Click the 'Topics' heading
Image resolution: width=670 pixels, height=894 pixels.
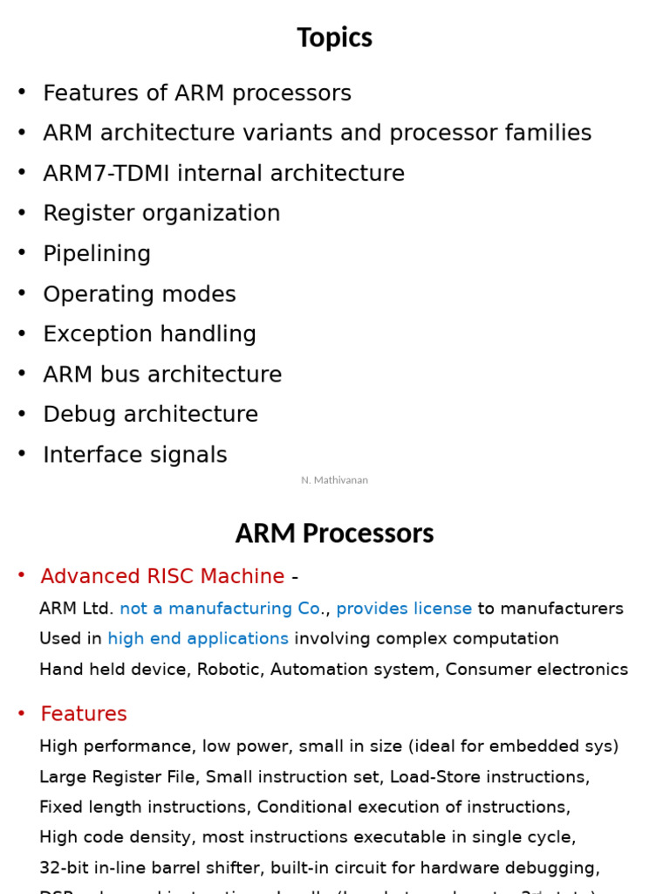point(334,38)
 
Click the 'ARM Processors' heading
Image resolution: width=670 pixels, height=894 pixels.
point(334,533)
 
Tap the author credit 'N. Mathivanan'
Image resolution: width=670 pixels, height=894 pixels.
point(334,480)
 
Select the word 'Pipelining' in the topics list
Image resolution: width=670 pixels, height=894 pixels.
point(97,254)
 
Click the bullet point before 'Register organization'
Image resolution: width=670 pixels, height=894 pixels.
point(22,213)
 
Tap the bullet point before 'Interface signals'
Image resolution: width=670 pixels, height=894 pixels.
point(22,454)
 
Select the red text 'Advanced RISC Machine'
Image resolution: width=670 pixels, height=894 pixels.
point(162,577)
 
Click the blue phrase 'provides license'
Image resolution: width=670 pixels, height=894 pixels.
point(404,609)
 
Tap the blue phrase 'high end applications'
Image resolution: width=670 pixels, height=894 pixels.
point(198,639)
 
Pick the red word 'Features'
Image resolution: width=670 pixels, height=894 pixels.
point(84,714)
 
